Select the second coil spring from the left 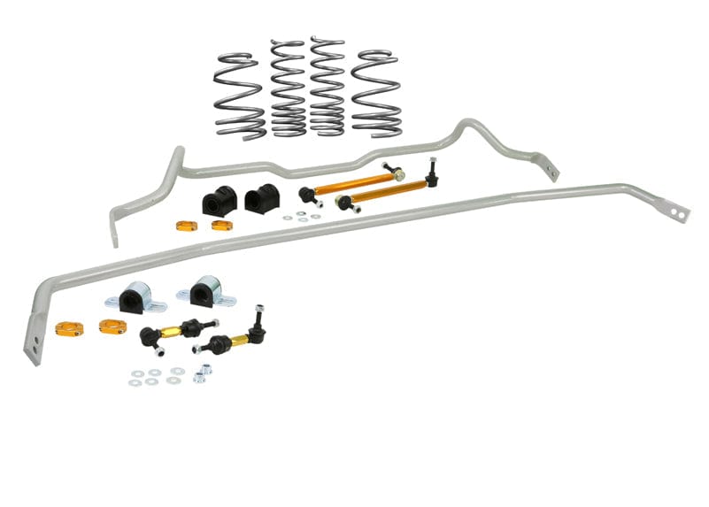tap(288, 88)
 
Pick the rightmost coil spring tap(376, 93)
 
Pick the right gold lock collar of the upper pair tap(221, 225)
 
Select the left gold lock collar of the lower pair tap(69, 328)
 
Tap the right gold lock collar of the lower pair tap(112, 326)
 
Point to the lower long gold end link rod tap(388, 192)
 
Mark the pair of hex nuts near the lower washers tap(203, 372)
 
